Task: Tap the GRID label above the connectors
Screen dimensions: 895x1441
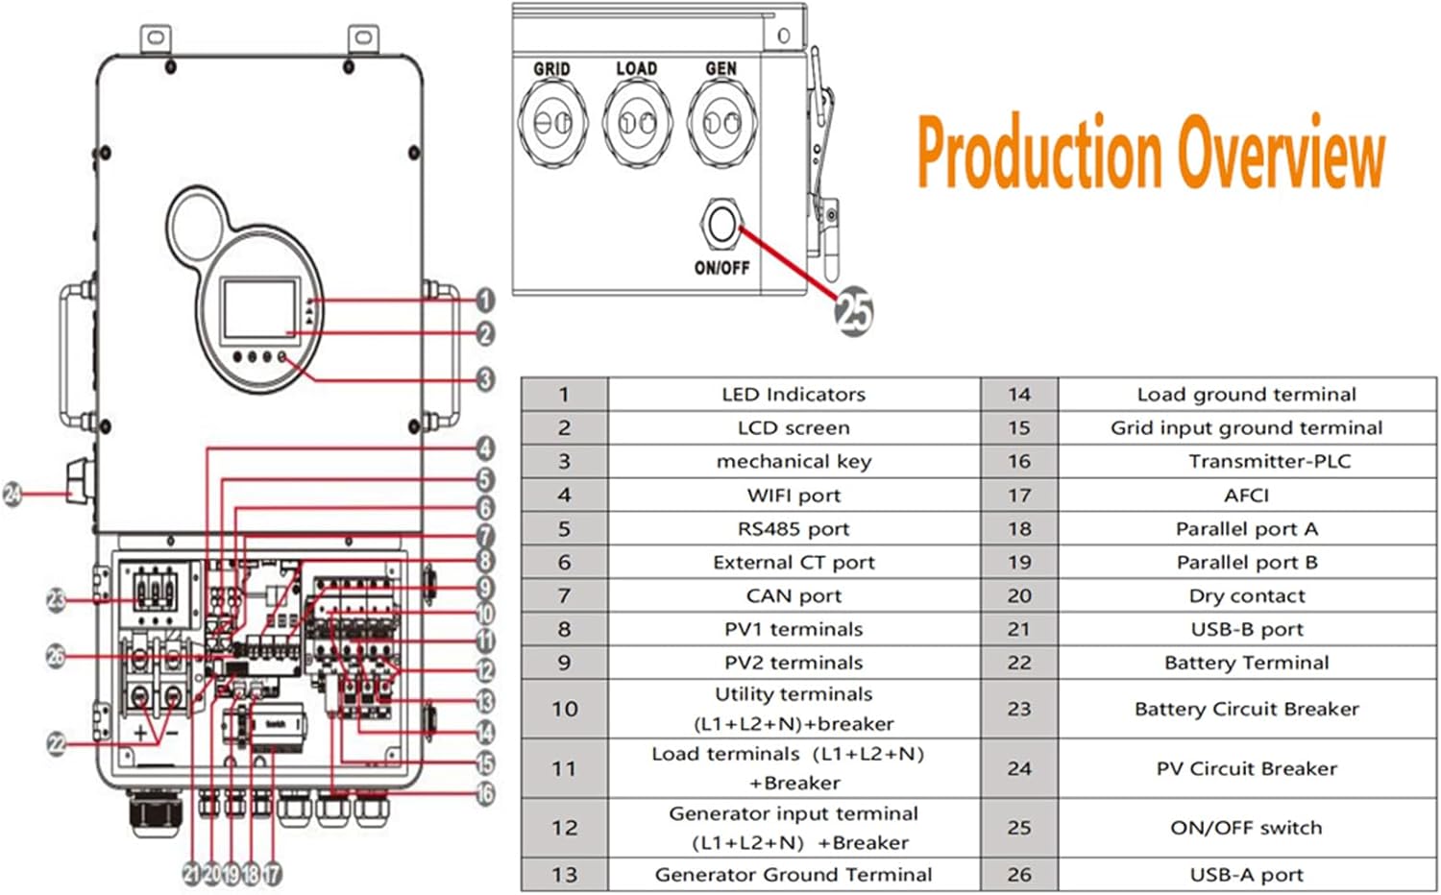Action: coord(551,69)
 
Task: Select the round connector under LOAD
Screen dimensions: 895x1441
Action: coord(636,122)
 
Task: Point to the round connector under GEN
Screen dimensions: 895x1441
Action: coord(720,122)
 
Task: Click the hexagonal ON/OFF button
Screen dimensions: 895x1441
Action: coord(720,225)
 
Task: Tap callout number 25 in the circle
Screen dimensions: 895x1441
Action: coord(853,311)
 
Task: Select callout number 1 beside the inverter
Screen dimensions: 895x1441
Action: coord(485,301)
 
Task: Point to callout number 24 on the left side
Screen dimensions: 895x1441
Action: coord(13,495)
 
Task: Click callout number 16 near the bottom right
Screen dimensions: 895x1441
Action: coord(485,793)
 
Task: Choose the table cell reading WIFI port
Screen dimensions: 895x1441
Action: coord(794,496)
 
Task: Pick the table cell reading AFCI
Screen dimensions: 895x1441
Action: coord(1246,496)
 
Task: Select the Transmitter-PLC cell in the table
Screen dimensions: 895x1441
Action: coord(1268,461)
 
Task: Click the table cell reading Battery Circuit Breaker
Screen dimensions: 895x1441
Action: coord(1246,709)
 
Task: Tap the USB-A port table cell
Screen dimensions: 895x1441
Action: coord(1246,875)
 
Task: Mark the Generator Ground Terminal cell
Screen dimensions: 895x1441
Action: coord(794,875)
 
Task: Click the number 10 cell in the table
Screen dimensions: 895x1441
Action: coord(564,709)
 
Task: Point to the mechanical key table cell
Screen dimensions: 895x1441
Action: coord(794,461)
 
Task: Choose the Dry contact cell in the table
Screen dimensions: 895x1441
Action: coord(1246,595)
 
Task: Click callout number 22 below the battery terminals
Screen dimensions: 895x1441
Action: coord(57,743)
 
